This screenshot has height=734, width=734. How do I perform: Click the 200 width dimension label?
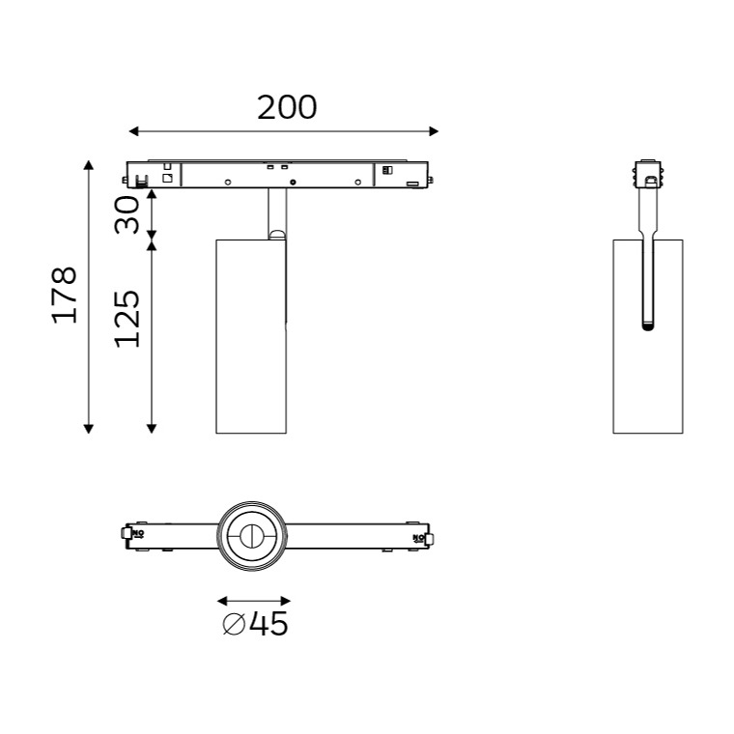(287, 107)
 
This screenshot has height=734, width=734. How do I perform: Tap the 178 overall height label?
(64, 296)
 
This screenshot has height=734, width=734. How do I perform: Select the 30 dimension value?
(127, 215)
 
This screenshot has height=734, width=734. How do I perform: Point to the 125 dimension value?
(127, 319)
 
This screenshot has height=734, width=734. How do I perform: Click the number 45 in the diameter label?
(268, 624)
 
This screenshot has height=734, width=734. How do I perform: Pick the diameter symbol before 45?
(234, 624)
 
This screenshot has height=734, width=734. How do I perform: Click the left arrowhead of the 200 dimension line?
(133, 131)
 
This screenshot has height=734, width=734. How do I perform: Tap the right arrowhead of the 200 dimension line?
(434, 131)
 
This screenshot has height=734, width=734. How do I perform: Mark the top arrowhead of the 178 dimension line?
(89, 165)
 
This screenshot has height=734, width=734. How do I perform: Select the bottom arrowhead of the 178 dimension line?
(89, 428)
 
